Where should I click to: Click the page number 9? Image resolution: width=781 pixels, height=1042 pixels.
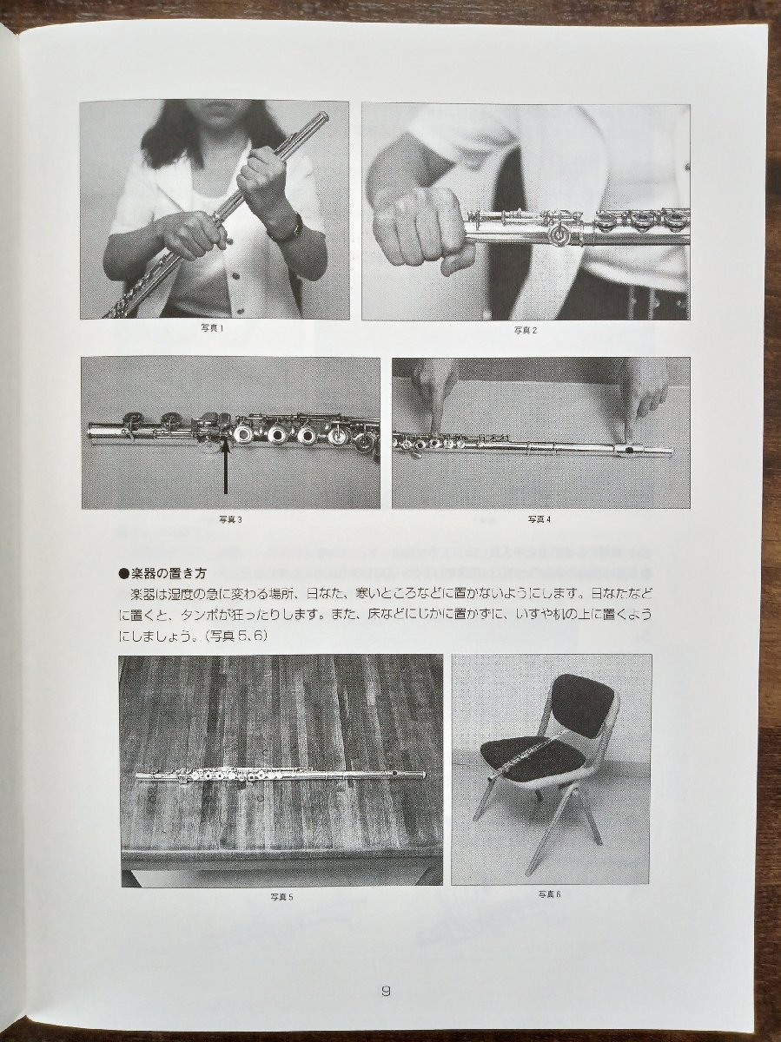tap(386, 990)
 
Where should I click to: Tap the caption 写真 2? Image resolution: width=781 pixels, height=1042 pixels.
tap(525, 330)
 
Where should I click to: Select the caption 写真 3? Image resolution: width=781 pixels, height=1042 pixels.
tap(230, 519)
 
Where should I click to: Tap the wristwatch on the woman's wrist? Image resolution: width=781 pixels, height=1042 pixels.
tap(287, 229)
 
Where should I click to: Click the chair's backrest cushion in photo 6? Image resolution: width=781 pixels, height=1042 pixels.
tap(584, 705)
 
